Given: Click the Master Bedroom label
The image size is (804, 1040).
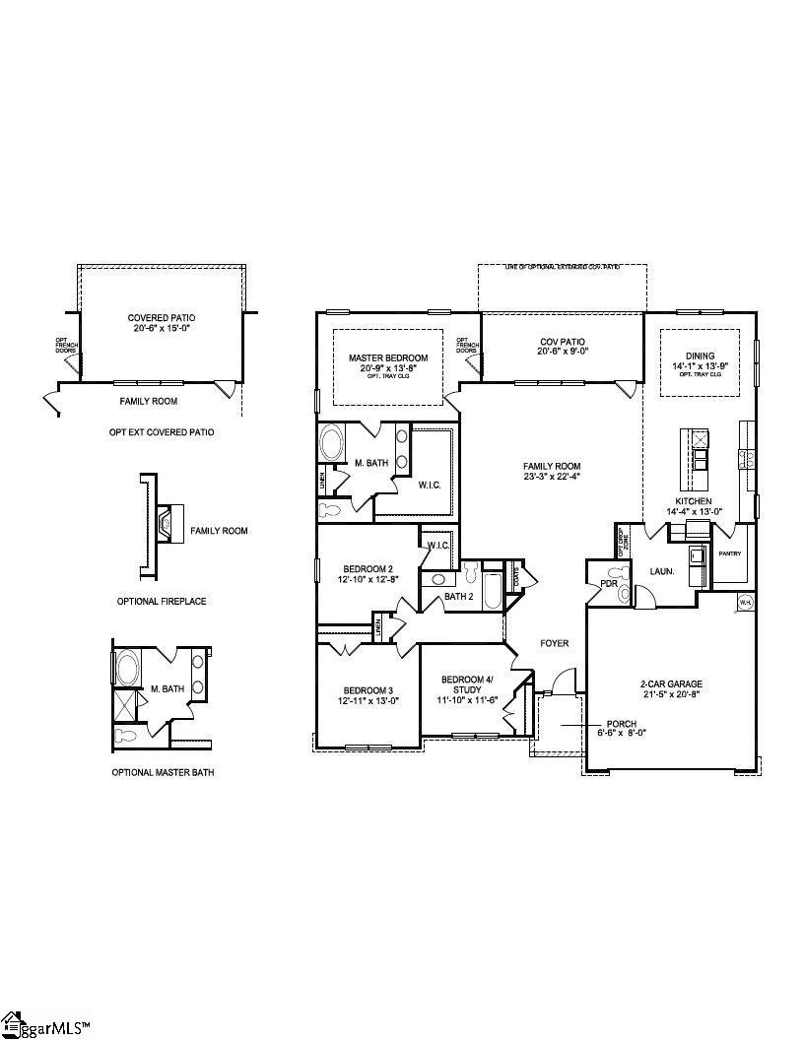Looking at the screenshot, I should click(x=388, y=357).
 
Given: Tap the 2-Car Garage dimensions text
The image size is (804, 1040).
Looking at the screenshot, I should click(x=672, y=695).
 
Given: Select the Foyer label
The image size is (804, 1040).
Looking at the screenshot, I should click(x=554, y=643).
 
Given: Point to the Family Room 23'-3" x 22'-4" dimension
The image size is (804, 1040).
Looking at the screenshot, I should click(x=552, y=478).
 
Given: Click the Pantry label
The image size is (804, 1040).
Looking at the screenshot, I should click(x=729, y=553).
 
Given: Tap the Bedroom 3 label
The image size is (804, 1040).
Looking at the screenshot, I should click(x=368, y=689).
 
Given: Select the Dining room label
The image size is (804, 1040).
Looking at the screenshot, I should click(x=700, y=357).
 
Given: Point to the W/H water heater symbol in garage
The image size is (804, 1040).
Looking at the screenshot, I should click(x=746, y=602).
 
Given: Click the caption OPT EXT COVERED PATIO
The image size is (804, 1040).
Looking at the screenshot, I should click(x=161, y=432).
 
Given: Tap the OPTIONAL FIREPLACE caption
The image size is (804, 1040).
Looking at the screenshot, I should click(x=161, y=601).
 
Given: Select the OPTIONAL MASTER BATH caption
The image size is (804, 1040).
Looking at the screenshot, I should click(x=163, y=773).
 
